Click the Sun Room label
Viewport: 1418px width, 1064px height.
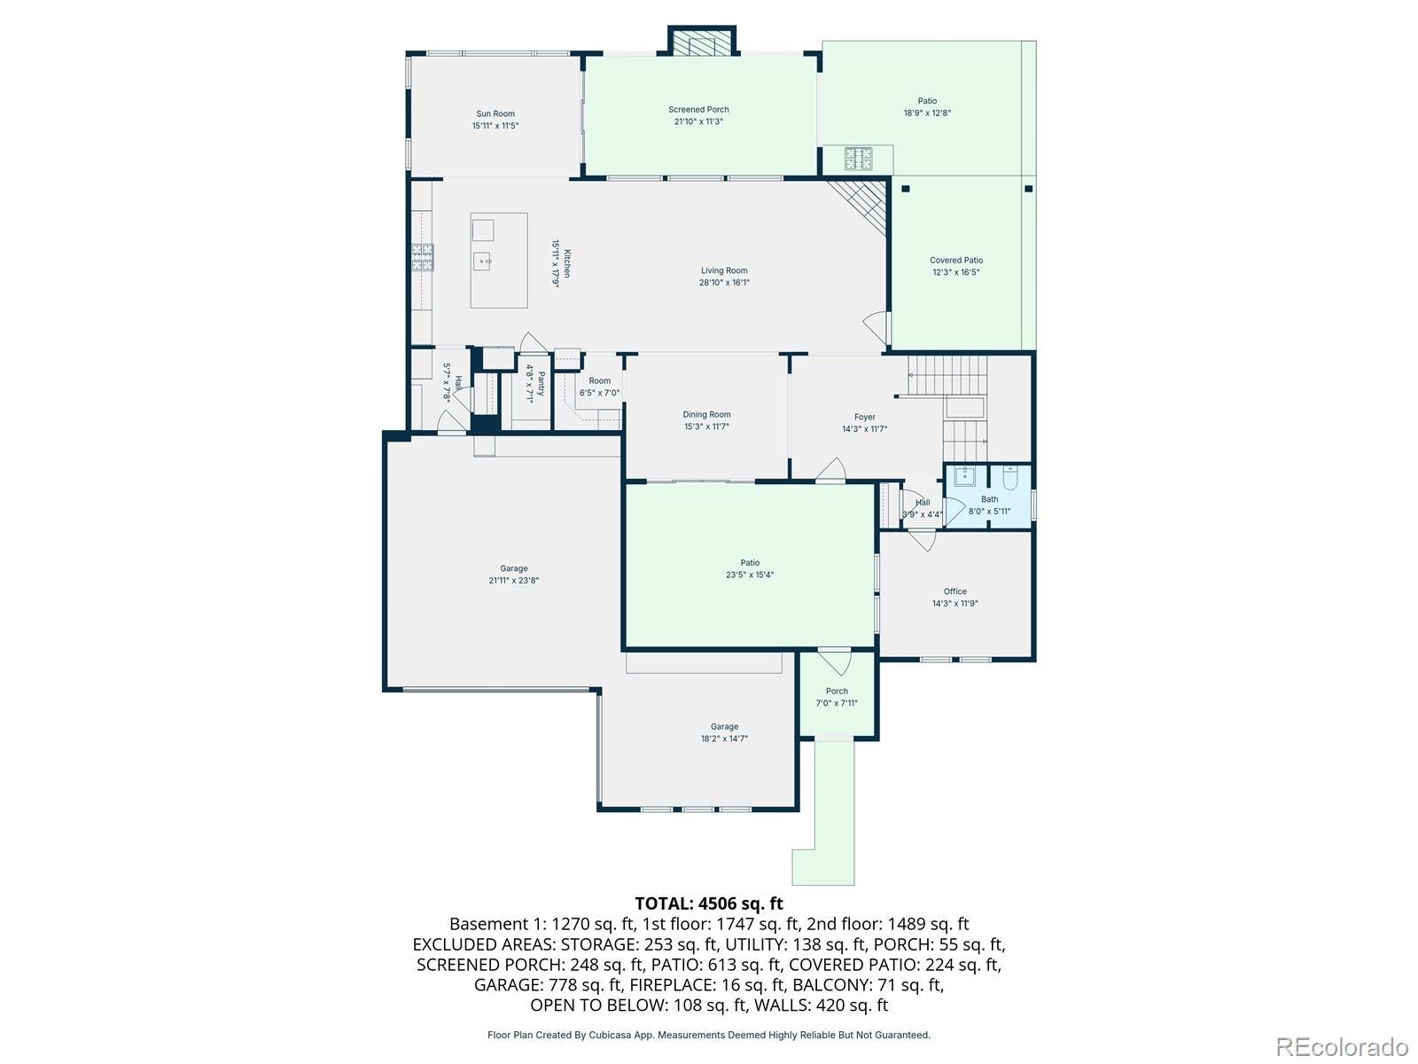tap(495, 113)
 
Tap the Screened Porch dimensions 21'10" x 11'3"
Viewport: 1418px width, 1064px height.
tap(698, 121)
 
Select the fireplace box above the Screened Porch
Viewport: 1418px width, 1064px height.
tap(702, 42)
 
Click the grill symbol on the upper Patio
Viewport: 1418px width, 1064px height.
tap(857, 159)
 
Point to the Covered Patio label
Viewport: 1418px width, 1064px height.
tap(956, 261)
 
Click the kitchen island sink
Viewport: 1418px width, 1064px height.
tap(483, 261)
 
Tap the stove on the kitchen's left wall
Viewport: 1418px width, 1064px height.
tap(422, 256)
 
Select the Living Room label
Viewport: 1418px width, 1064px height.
tap(724, 271)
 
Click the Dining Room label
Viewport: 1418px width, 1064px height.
tap(706, 415)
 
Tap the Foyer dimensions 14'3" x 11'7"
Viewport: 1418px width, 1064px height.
tap(864, 429)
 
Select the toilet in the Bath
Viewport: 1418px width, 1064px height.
tap(1010, 480)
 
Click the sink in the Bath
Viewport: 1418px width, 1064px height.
tap(963, 477)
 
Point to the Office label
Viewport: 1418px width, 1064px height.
tap(954, 591)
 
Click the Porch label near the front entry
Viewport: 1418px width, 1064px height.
tap(837, 692)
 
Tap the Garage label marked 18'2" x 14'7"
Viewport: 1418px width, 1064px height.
tap(724, 727)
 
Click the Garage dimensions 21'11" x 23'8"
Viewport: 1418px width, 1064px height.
tap(513, 581)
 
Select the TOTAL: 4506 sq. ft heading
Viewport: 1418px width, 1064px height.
tap(709, 904)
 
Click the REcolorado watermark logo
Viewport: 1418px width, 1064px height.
tap(1343, 1046)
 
